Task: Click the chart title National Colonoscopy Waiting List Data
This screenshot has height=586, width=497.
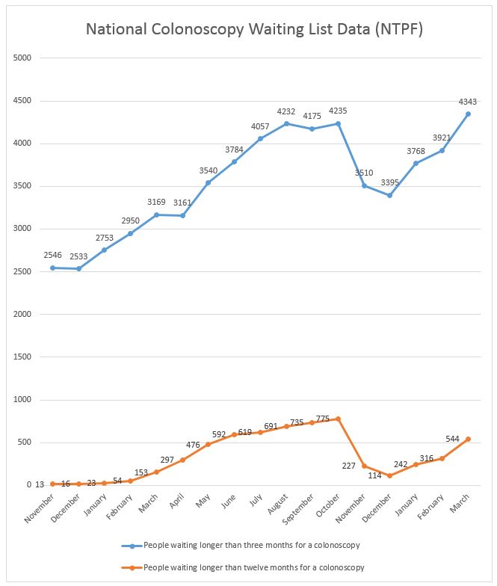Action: [x=248, y=30]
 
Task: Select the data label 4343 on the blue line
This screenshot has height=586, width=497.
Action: [x=469, y=102]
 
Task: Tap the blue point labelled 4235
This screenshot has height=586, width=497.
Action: [x=339, y=123]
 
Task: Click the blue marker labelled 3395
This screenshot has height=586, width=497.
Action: [x=390, y=195]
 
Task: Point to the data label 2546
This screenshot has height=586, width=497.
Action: [x=52, y=256]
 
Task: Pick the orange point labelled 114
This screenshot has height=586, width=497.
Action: [x=390, y=475]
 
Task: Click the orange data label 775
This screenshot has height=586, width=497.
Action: [x=323, y=419]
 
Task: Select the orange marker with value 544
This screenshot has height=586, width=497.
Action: [x=469, y=439]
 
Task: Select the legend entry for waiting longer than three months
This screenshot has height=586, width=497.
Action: [x=247, y=545]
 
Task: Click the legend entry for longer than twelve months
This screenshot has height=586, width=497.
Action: [x=247, y=567]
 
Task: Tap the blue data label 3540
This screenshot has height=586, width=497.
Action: [x=209, y=170]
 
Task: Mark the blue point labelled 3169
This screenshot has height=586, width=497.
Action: [x=156, y=215]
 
